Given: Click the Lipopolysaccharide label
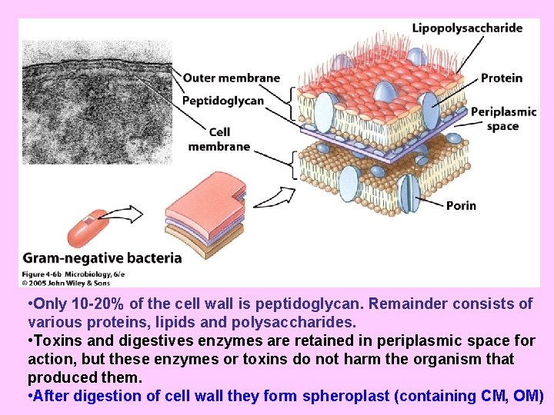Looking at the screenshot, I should (467, 28).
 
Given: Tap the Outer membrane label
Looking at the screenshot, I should (232, 78).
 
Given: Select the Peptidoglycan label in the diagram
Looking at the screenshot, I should (223, 101).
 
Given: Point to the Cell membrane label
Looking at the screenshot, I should (219, 139).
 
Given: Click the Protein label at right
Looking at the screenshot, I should (502, 78).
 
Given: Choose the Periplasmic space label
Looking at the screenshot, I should (503, 118).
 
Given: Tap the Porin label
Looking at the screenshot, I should (461, 205).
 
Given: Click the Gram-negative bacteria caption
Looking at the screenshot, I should (102, 258).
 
